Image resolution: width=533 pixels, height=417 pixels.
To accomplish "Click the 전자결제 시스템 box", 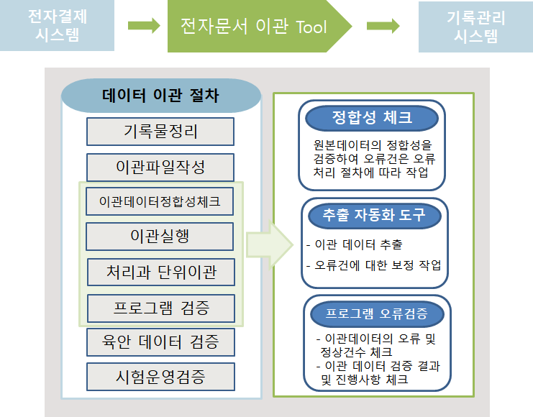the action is [x=57, y=25].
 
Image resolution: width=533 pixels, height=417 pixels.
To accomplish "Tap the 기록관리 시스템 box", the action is [x=475, y=27].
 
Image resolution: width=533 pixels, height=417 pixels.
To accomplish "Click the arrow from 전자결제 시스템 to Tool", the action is [x=144, y=25].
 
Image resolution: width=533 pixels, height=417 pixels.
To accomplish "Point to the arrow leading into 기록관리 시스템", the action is [x=383, y=26].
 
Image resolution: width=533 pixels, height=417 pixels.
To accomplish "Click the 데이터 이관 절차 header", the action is [x=161, y=96].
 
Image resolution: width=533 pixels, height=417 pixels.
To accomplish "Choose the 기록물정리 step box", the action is [x=160, y=132].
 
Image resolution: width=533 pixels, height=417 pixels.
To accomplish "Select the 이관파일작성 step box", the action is [x=160, y=168].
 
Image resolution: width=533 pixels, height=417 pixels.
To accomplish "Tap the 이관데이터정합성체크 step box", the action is [x=160, y=201].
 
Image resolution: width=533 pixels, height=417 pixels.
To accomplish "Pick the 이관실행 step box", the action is [x=160, y=237].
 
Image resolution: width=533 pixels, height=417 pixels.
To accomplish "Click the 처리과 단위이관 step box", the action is [x=161, y=272].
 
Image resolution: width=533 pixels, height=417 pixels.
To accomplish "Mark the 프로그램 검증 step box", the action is [x=161, y=308].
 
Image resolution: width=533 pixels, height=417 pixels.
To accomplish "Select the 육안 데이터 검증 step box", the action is [x=160, y=342].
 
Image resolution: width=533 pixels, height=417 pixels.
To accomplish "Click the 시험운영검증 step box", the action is [x=160, y=377].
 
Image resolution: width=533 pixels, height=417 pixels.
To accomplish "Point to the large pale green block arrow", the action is [x=269, y=244].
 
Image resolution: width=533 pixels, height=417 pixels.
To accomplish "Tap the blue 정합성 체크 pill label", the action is [x=372, y=118].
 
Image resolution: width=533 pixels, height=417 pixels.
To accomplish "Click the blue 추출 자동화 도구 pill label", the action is [x=375, y=216].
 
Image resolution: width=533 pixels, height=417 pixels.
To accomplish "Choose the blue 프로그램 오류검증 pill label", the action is [x=378, y=313].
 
